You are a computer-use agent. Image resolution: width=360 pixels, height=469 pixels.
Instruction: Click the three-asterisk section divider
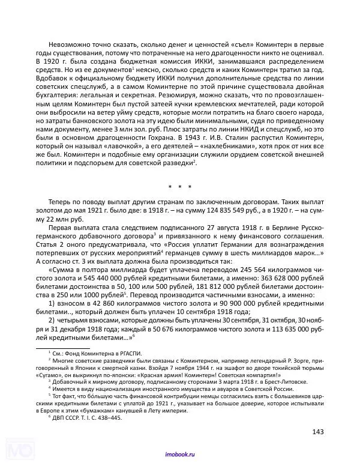pyautogui.click(x=180, y=187)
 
